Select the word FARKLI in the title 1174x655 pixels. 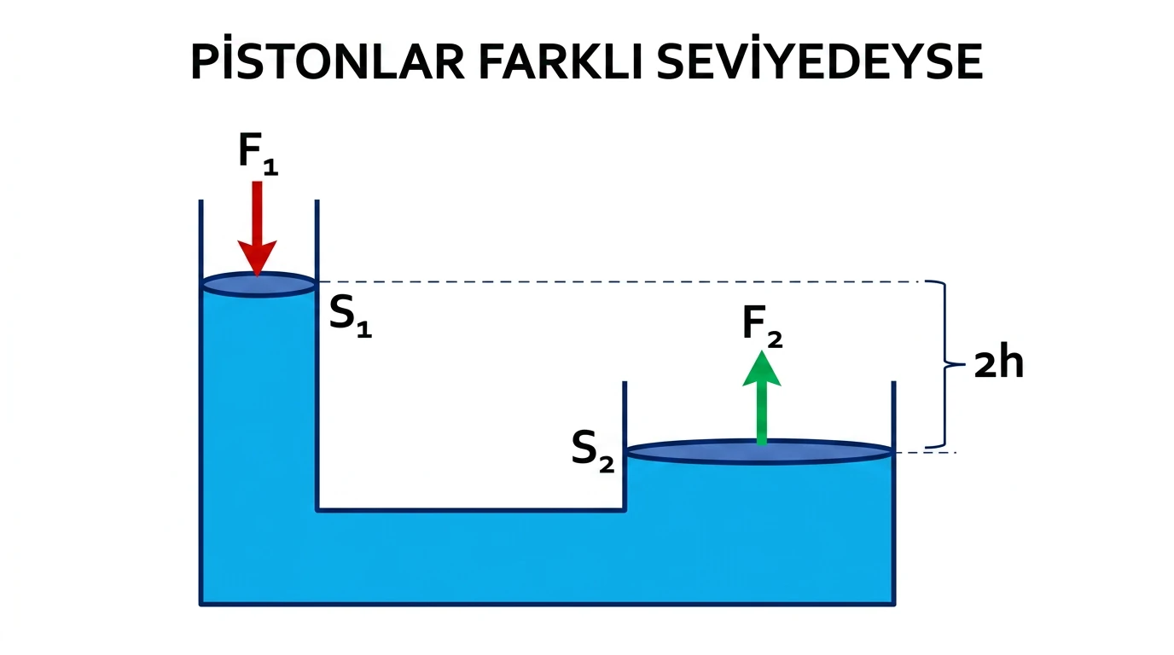click(561, 61)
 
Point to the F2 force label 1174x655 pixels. click(763, 327)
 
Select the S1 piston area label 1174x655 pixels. click(350, 316)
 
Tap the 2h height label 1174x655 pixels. click(999, 363)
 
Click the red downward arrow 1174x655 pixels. click(257, 229)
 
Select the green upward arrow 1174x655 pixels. click(762, 398)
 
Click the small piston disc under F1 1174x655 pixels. click(259, 285)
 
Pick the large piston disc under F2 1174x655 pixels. click(760, 452)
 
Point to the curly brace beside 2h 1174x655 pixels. click(945, 364)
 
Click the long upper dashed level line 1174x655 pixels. click(619, 282)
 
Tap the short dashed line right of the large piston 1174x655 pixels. click(926, 452)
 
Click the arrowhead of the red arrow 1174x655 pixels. click(257, 258)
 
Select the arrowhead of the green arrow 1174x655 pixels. click(762, 369)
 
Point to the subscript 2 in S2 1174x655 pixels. click(607, 466)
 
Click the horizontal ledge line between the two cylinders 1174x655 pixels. click(471, 509)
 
